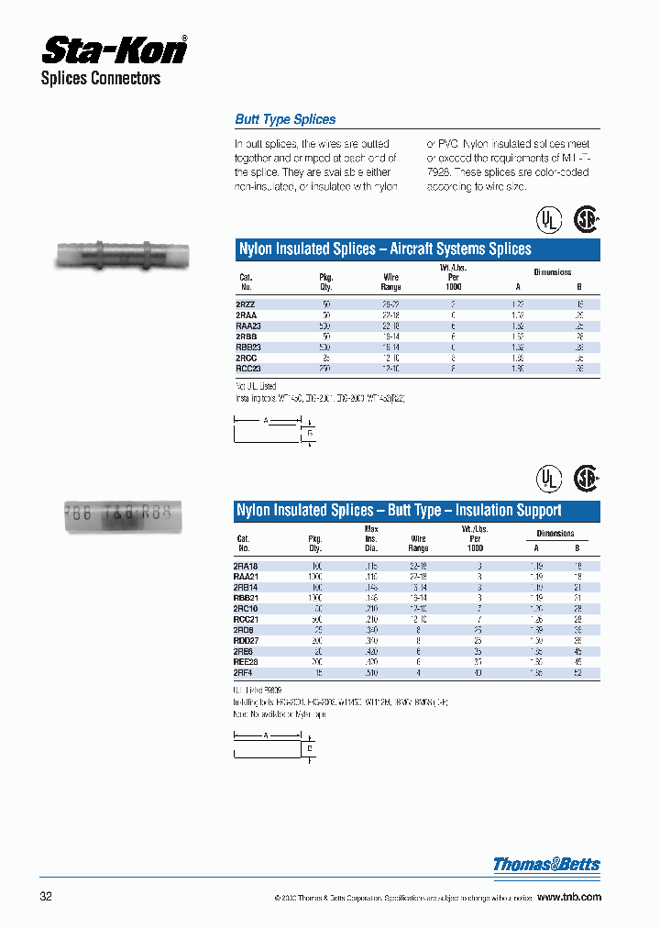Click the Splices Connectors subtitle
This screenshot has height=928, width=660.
(x=101, y=79)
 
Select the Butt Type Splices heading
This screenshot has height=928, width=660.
(x=285, y=119)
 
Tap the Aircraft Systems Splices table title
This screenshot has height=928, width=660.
(x=384, y=249)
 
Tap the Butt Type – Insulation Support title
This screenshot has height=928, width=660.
(x=399, y=510)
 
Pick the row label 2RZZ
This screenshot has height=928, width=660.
(x=245, y=303)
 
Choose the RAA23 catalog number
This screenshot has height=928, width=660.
(x=248, y=325)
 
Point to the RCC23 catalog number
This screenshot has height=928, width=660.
(x=248, y=369)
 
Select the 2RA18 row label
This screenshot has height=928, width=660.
(x=247, y=567)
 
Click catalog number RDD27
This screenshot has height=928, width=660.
(x=248, y=640)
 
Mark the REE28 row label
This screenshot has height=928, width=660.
(x=247, y=661)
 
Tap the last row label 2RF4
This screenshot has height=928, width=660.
(x=245, y=672)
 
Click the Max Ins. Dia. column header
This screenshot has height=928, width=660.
(x=371, y=539)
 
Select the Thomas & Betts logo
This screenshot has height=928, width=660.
(x=546, y=864)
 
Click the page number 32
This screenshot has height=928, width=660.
(x=46, y=896)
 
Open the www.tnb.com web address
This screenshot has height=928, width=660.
(x=568, y=897)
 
